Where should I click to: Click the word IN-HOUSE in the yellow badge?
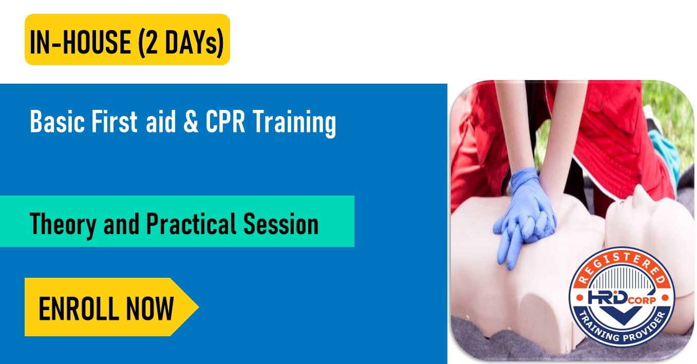point(80,41)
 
